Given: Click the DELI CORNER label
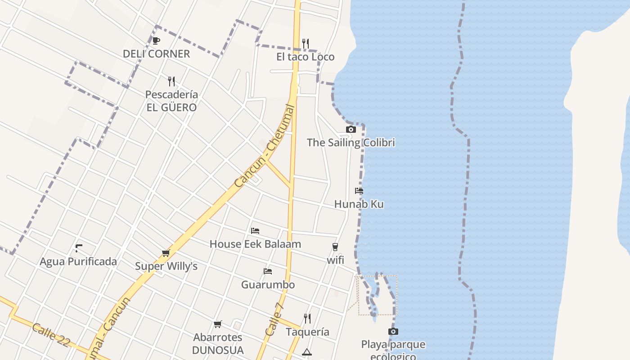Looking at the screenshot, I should [157, 54].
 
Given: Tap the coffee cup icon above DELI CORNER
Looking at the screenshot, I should [156, 41].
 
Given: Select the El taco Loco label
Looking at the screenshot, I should [306, 57].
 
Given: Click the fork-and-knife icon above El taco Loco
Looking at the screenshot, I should [306, 43].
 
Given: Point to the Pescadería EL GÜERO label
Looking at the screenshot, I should [171, 101].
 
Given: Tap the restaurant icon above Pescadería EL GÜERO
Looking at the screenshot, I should [171, 81].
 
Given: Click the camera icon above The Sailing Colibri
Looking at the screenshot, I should [351, 130].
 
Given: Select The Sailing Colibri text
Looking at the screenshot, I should [351, 143].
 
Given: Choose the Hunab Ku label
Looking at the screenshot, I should [359, 204].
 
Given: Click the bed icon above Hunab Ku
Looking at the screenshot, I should [359, 191].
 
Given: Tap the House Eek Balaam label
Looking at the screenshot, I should [255, 244].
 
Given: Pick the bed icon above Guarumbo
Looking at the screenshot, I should [268, 271].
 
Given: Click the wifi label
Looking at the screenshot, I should [335, 260].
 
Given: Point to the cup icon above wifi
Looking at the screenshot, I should [335, 247].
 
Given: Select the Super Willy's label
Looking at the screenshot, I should [166, 266].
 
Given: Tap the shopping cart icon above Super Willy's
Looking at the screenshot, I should [166, 253].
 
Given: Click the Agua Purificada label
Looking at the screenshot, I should [78, 261].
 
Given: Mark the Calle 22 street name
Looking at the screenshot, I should [51, 335].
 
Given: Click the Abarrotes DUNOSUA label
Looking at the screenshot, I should [218, 343].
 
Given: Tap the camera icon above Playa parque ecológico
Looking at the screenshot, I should [393, 332].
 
